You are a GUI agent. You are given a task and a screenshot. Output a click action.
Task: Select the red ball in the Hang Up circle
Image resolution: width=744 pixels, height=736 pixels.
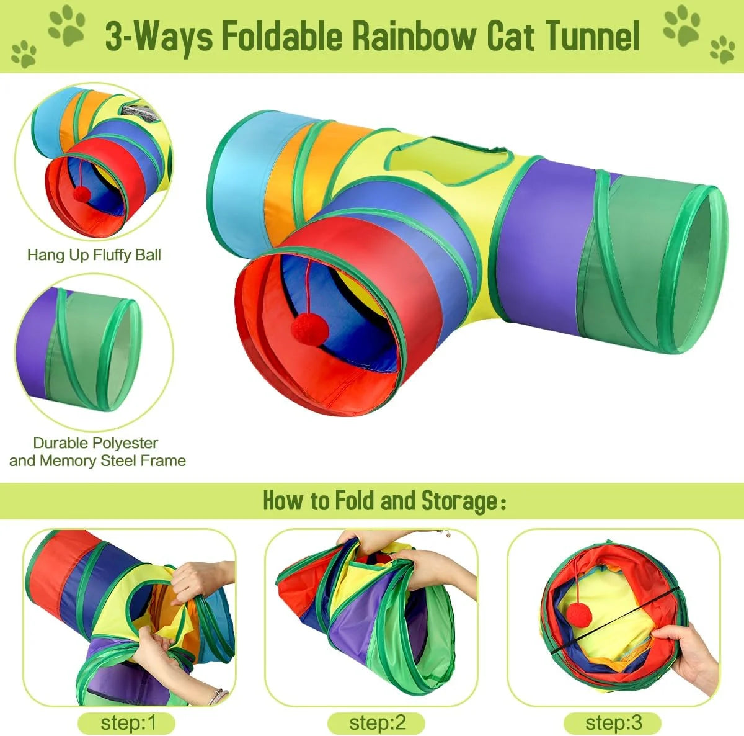(x=82, y=194)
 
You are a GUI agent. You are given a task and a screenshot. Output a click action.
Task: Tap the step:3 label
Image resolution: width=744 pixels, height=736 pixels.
(x=613, y=723)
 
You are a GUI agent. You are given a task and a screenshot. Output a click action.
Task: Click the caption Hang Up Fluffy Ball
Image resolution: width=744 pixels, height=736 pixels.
(x=94, y=254)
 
